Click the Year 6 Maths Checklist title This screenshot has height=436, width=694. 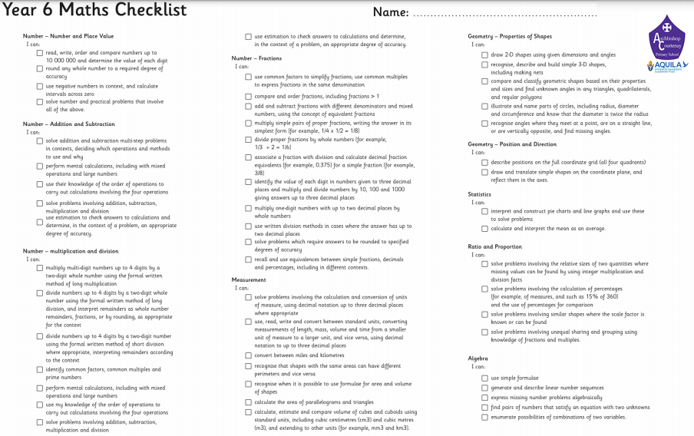[94, 11]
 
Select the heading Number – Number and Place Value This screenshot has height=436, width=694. [68, 36]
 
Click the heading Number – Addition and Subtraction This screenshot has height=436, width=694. [69, 124]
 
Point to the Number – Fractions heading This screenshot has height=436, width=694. [256, 58]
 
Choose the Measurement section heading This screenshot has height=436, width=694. [249, 280]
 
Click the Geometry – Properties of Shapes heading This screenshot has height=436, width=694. [510, 36]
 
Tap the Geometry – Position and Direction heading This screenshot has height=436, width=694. [512, 144]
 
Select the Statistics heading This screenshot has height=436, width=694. [480, 194]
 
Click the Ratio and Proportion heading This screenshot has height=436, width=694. [494, 246]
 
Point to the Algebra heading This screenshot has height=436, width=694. [478, 358]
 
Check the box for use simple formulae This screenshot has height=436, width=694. [484, 378]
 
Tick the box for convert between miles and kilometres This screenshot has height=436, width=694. [248, 355]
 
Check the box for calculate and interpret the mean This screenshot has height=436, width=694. [484, 229]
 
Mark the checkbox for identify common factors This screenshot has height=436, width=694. [40, 369]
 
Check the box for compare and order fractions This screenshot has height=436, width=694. [248, 96]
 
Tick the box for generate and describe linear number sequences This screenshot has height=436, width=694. [484, 388]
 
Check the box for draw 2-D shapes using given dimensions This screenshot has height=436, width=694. [484, 55]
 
